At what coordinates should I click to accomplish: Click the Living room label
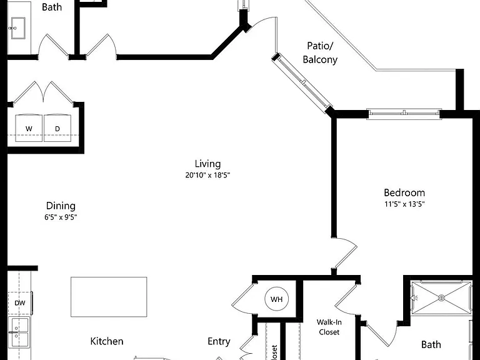[x=207, y=164]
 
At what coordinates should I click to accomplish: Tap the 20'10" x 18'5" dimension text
[x=207, y=176]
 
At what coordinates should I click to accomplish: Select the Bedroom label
[x=404, y=193]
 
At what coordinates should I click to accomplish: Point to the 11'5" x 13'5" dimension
[x=404, y=204]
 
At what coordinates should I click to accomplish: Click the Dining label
[x=61, y=206]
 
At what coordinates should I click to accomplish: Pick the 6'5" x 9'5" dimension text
[x=61, y=217]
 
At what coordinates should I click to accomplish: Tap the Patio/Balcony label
[x=320, y=52]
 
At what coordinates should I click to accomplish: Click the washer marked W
[x=29, y=128]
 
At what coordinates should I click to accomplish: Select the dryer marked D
[x=57, y=128]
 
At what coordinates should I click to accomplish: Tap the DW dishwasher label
[x=20, y=303]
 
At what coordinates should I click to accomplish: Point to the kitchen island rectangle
[x=109, y=297]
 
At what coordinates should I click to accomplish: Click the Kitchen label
[x=107, y=341]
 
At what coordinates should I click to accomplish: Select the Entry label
[x=219, y=342]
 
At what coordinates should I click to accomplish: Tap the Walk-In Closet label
[x=329, y=327]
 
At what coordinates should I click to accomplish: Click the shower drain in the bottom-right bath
[x=441, y=297]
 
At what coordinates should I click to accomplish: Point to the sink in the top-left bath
[x=18, y=28]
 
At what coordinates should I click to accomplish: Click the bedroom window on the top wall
[x=404, y=114]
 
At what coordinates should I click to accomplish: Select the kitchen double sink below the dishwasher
[x=18, y=332]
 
